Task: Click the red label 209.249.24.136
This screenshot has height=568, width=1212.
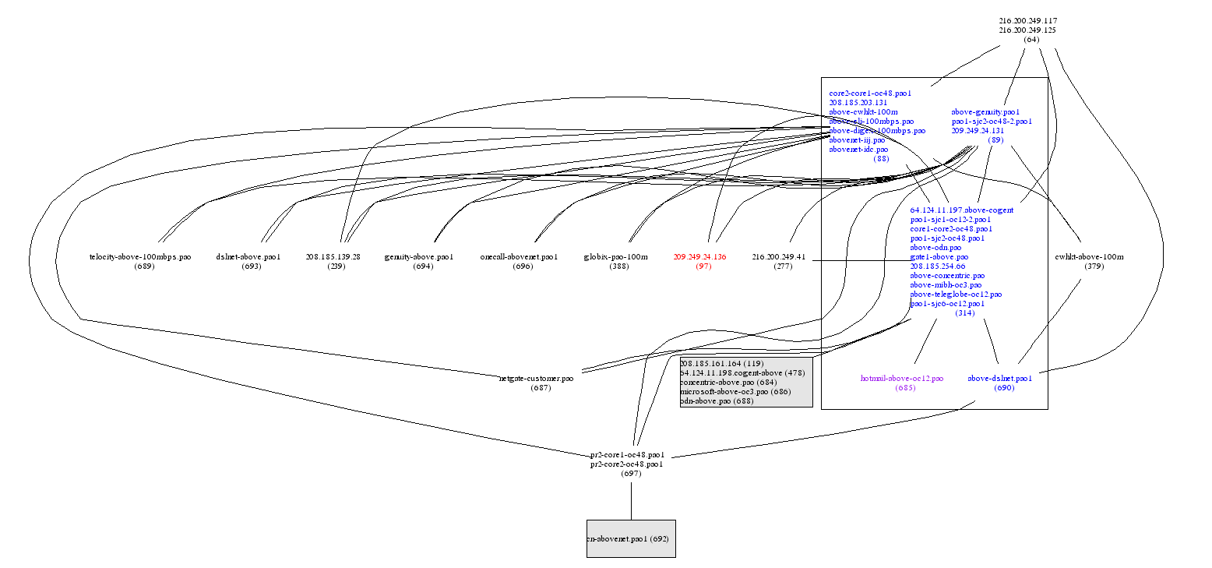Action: click(x=699, y=256)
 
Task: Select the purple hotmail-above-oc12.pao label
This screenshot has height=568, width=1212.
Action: click(x=901, y=378)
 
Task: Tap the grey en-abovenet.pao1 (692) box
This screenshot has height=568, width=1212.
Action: click(x=631, y=538)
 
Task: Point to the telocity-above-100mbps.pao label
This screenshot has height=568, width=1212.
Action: click(x=140, y=256)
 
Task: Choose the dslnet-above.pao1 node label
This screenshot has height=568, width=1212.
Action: click(x=248, y=256)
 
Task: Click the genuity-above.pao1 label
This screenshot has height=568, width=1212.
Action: click(x=419, y=256)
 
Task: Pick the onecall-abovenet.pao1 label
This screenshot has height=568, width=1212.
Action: click(x=520, y=256)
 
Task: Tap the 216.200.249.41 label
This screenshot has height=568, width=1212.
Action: click(x=779, y=256)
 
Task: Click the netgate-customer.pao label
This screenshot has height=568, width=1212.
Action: click(x=536, y=378)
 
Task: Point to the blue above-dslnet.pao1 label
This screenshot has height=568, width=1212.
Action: click(x=999, y=378)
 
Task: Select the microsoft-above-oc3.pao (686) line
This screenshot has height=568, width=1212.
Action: click(x=735, y=391)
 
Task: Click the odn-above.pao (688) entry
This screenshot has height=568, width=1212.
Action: click(x=717, y=400)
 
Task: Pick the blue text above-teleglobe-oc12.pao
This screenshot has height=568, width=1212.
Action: click(x=956, y=295)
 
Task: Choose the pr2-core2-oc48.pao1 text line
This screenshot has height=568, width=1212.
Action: click(x=627, y=464)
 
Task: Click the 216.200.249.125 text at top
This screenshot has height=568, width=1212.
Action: click(x=1028, y=30)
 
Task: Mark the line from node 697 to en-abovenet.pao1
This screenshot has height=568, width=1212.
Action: click(x=631, y=499)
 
